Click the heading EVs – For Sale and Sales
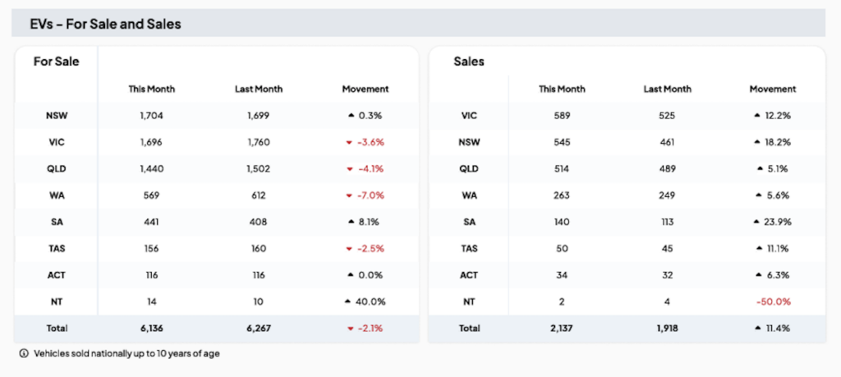pos(105,25)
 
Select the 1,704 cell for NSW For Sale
pos(151,116)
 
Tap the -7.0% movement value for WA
pos(370,195)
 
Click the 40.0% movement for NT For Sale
pos(370,301)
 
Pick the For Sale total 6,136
pos(151,329)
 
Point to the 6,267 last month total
pos(258,329)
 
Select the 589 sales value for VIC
pos(562,116)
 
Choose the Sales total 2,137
pos(562,329)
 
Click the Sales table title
pos(469,62)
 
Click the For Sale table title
pos(56,62)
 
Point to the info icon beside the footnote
pos(23,354)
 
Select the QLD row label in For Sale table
pos(56,168)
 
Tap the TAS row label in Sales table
pos(469,248)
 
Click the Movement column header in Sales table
pos(772,89)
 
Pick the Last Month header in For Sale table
pos(258,89)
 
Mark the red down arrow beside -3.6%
pos(349,142)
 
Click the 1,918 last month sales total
pos(666,329)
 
